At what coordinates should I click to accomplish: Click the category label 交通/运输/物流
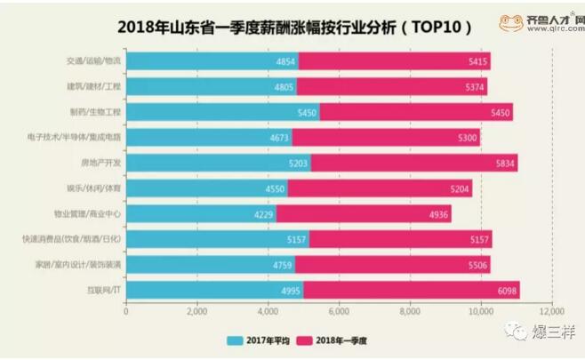tap(93, 61)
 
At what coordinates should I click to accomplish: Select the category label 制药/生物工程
tap(94, 113)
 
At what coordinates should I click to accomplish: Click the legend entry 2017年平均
tap(260, 340)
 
